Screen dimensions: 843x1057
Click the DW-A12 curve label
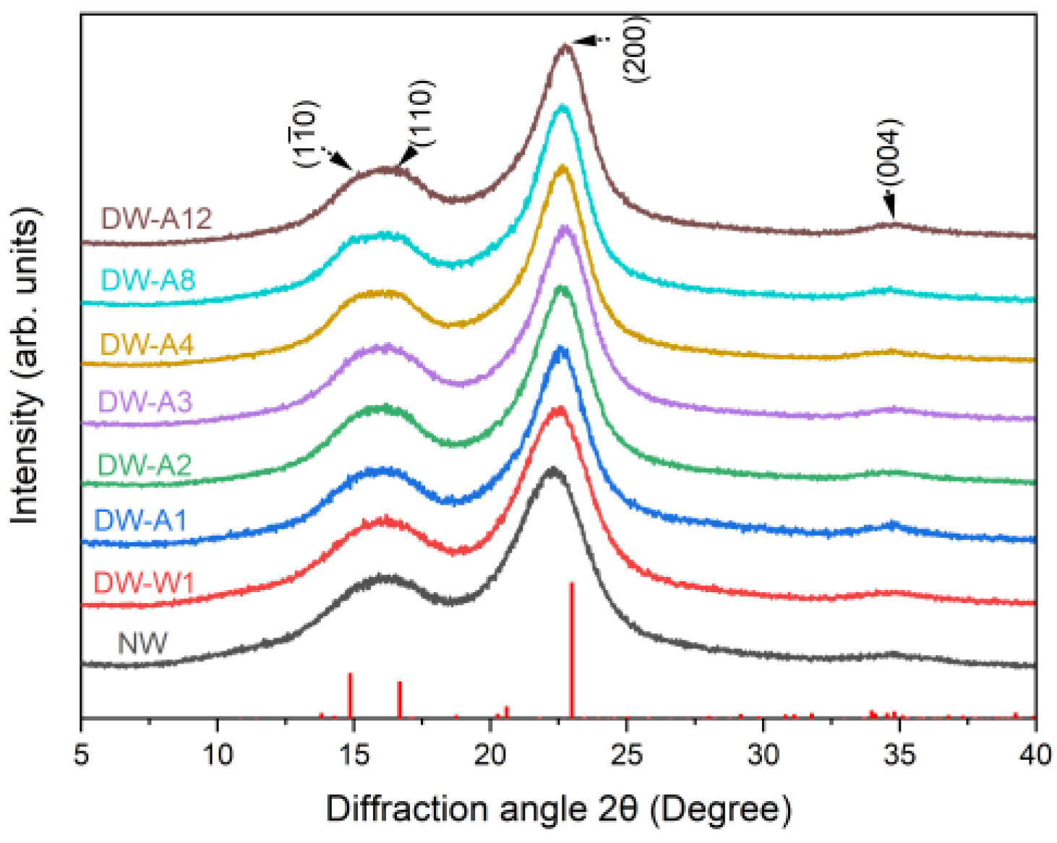pyautogui.click(x=156, y=218)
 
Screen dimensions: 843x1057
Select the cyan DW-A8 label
pyautogui.click(x=148, y=280)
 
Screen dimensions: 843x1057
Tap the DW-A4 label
pyautogui.click(x=147, y=344)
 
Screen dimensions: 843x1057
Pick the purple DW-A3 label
pyautogui.click(x=145, y=401)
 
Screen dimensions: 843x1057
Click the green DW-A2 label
pyautogui.click(x=145, y=465)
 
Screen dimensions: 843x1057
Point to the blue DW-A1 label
pyautogui.click(x=140, y=520)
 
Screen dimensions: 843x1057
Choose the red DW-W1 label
pyautogui.click(x=144, y=582)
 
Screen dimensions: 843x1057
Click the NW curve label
pyautogui.click(x=142, y=643)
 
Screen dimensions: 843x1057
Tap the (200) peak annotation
pyautogui.click(x=636, y=48)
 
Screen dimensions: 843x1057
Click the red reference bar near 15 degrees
pyautogui.click(x=351, y=695)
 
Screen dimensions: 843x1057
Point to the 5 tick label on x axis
pyautogui.click(x=81, y=755)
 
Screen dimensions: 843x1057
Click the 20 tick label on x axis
pyautogui.click(x=490, y=755)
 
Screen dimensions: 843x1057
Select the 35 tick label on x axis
pyautogui.click(x=899, y=755)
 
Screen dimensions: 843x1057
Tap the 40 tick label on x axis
pyautogui.click(x=1035, y=755)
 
